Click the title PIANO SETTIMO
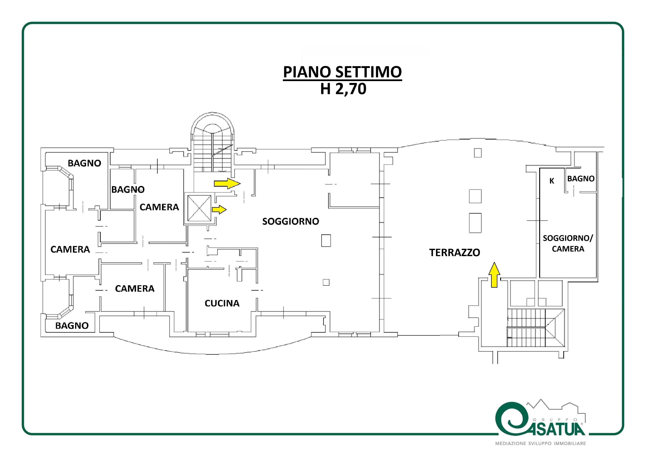342,72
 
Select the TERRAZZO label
455,253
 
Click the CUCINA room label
222,303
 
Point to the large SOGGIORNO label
291,221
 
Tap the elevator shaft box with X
199,209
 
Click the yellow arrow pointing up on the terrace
494,275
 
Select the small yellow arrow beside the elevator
219,210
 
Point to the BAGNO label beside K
581,179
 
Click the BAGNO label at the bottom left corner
72,326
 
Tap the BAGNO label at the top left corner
84,163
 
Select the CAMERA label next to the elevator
159,207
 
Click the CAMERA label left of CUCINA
135,289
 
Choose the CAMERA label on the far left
70,250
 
